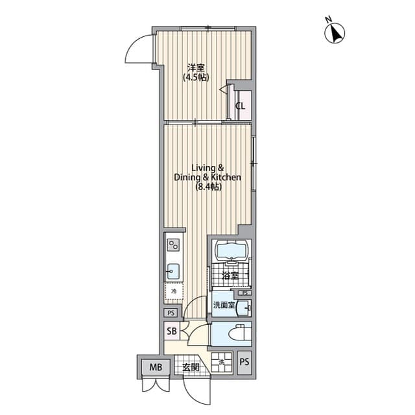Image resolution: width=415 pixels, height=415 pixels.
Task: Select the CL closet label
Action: coord(240,106)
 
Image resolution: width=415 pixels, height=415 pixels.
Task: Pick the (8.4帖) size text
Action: coord(207,187)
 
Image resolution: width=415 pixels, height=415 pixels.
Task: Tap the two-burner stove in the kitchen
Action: coord(173,245)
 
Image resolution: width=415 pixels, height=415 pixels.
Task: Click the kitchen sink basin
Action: coord(173,270)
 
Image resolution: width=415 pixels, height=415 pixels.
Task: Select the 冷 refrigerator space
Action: coord(173,292)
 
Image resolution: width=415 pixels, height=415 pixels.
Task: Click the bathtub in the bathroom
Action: coord(230,252)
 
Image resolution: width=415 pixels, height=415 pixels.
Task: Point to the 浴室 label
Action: coord(230,276)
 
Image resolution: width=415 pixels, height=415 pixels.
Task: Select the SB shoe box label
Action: coord(172,332)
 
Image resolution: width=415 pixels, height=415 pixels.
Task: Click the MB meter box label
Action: coord(156,368)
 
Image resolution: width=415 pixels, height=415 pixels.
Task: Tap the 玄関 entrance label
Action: coord(191,368)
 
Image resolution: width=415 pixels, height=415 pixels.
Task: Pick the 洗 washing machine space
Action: coord(222,362)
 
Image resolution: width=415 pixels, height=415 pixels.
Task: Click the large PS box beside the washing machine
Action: coord(244,362)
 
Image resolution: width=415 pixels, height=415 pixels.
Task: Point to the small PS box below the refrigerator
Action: coord(171,313)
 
